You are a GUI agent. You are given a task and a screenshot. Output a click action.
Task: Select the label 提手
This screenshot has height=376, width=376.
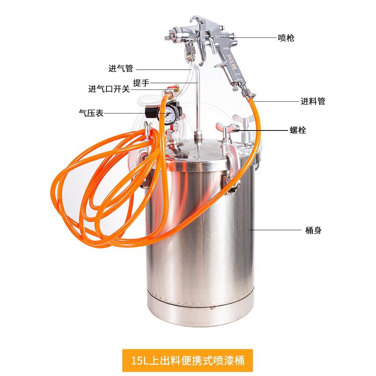[142, 82]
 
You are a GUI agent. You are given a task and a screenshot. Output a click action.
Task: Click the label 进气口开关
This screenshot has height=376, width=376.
[109, 89]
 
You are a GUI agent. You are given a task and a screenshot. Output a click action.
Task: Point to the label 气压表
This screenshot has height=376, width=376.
[91, 113]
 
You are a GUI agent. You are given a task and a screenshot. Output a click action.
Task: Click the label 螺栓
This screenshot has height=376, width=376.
[297, 130]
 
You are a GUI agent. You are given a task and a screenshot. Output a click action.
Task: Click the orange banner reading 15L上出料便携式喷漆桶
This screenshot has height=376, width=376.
[188, 360]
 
